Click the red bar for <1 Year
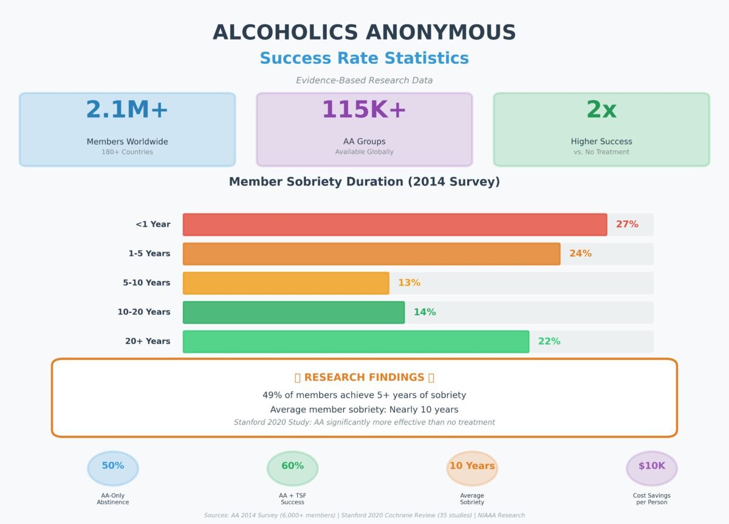395,224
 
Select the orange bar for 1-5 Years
371,253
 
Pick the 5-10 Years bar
286,283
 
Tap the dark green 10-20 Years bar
293,312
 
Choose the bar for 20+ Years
356,342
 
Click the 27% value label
627,224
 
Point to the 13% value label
409,283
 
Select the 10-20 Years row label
144,312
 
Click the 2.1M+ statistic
127,110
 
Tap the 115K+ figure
364,110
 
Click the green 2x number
601,110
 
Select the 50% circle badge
113,468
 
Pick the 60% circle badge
292,468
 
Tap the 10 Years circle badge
472,468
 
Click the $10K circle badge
651,468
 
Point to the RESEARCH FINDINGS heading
364,377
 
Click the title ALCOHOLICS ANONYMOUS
364,33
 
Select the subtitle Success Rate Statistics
364,58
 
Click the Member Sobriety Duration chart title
364,182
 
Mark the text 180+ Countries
127,152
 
